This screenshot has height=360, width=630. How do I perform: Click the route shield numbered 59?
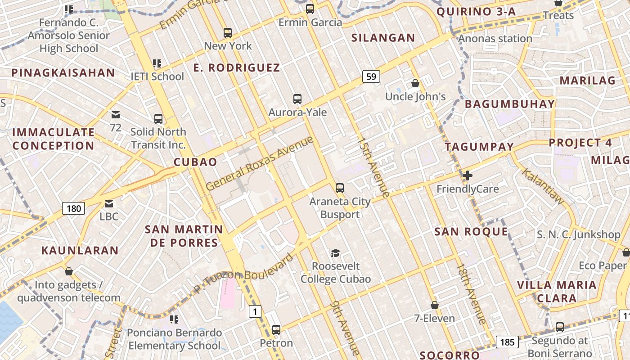point(371,76)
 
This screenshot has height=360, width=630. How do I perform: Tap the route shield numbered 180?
point(73,208)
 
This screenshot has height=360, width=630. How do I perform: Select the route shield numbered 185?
point(507,342)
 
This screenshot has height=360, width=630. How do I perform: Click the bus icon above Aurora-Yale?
point(297,99)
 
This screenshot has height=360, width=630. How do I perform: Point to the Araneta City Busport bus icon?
point(340,188)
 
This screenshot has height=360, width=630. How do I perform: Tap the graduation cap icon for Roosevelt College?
point(335,253)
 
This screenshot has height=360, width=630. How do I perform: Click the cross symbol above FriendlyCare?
point(468,175)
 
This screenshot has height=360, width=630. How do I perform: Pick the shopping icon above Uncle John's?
point(415,83)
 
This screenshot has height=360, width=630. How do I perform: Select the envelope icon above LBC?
point(109,204)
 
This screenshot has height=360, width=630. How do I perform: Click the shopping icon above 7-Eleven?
point(435,306)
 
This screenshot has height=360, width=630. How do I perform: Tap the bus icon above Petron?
point(276,330)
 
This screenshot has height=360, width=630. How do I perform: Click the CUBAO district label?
point(195,162)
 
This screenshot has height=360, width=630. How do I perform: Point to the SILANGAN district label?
point(383,38)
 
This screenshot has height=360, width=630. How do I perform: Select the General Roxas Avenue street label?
point(260,163)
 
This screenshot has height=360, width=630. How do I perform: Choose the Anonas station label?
point(495,39)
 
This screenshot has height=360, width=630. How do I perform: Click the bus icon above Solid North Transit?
point(158,119)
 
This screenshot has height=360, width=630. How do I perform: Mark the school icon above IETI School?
point(157,63)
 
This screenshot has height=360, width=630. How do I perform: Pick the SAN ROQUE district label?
point(471,232)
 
